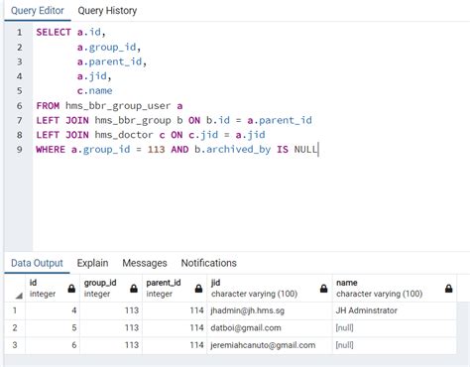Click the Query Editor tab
[37, 11]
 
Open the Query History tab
[107, 11]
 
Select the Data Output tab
[37, 263]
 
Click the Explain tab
[93, 263]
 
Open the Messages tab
[145, 263]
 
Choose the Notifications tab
[208, 263]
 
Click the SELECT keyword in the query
[54, 32]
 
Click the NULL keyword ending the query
[305, 149]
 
